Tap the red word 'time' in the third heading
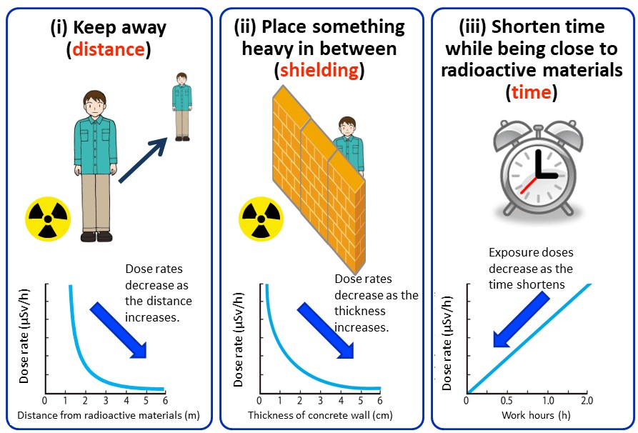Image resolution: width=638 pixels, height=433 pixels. (532, 92)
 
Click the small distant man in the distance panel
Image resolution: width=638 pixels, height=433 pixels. (181, 106)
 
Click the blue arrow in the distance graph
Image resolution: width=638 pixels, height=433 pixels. (119, 329)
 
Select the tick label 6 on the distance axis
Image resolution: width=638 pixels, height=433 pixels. (166, 400)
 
